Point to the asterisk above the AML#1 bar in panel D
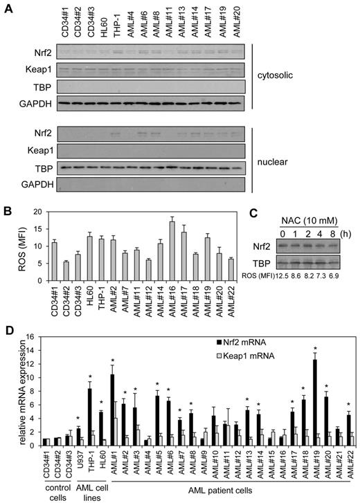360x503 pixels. click(x=111, y=358)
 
